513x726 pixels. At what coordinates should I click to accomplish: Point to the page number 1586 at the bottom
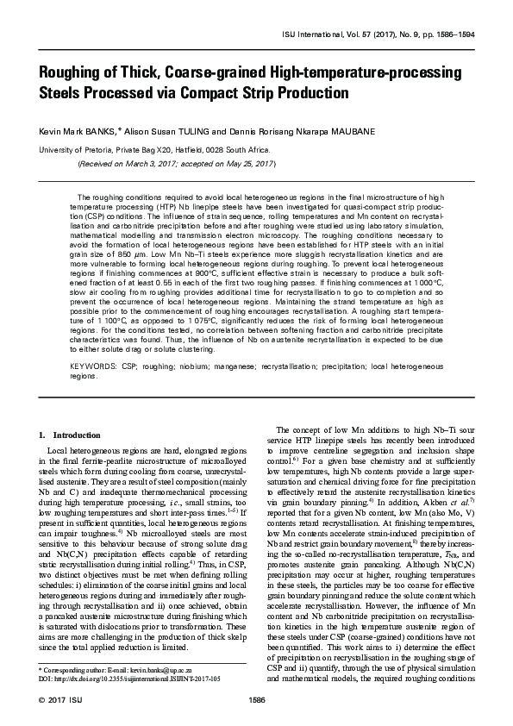pos(256,699)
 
